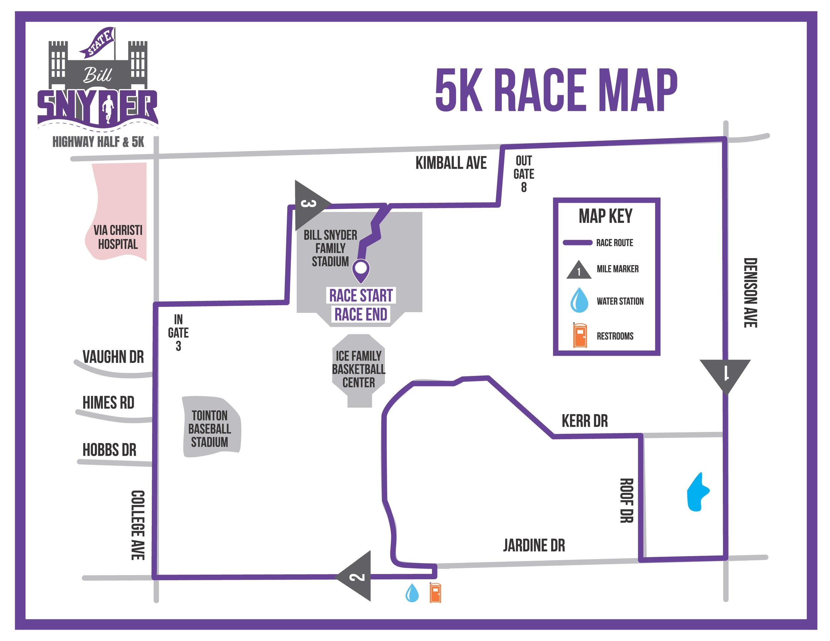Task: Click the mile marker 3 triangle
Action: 308,205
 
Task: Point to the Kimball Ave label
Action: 451,163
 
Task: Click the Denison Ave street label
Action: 750,292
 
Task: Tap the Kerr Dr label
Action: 585,421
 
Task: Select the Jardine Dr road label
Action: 534,545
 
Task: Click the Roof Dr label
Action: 626,501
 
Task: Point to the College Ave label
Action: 137,525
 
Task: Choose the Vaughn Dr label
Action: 113,357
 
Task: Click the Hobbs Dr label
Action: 110,450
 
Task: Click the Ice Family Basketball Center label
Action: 358,369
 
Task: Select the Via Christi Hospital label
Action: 118,237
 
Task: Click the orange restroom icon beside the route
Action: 435,592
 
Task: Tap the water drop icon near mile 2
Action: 412,593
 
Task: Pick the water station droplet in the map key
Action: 579,300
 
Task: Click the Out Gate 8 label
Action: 524,174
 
